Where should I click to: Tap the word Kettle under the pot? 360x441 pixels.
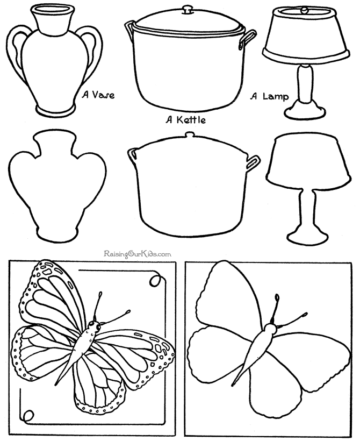[191, 120]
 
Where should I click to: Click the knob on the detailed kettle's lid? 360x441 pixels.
[188, 9]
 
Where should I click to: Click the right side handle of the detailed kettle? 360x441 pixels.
[248, 39]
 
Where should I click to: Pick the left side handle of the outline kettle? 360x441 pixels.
[132, 156]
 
